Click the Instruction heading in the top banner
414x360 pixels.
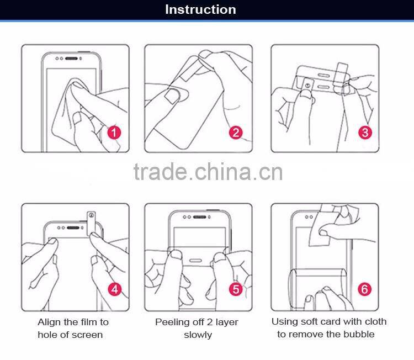pyautogui.click(x=200, y=9)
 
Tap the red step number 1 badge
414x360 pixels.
pyautogui.click(x=114, y=133)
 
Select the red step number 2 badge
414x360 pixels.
pyautogui.click(x=236, y=133)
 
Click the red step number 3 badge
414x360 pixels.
pyautogui.click(x=365, y=133)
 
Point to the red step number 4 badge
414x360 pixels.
pyautogui.click(x=115, y=289)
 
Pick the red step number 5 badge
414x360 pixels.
pyautogui.click(x=236, y=289)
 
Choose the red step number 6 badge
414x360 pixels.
pyautogui.click(x=364, y=289)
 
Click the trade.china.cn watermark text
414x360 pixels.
pyautogui.click(x=208, y=172)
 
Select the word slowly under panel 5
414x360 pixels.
pyautogui.click(x=198, y=335)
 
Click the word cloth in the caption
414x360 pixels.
pyautogui.click(x=375, y=321)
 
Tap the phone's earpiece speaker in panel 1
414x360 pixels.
pyautogui.click(x=71, y=59)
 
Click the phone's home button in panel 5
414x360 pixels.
pyautogui.click(x=195, y=261)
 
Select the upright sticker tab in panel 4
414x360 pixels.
pyautogui.click(x=91, y=223)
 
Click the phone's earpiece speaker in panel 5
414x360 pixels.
pyautogui.click(x=200, y=217)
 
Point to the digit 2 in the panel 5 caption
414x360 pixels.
pyautogui.click(x=210, y=322)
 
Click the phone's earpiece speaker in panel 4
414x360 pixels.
pyautogui.click(x=73, y=227)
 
